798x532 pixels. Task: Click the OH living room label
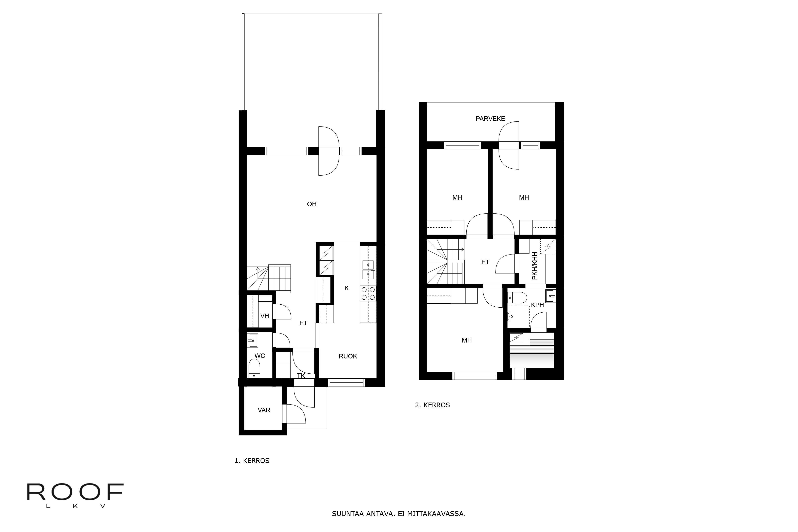(x=311, y=204)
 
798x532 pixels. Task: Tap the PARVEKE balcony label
(x=490, y=119)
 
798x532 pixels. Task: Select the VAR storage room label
(x=264, y=410)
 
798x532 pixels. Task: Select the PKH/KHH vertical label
(x=535, y=266)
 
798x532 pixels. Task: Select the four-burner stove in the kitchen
(x=368, y=293)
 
